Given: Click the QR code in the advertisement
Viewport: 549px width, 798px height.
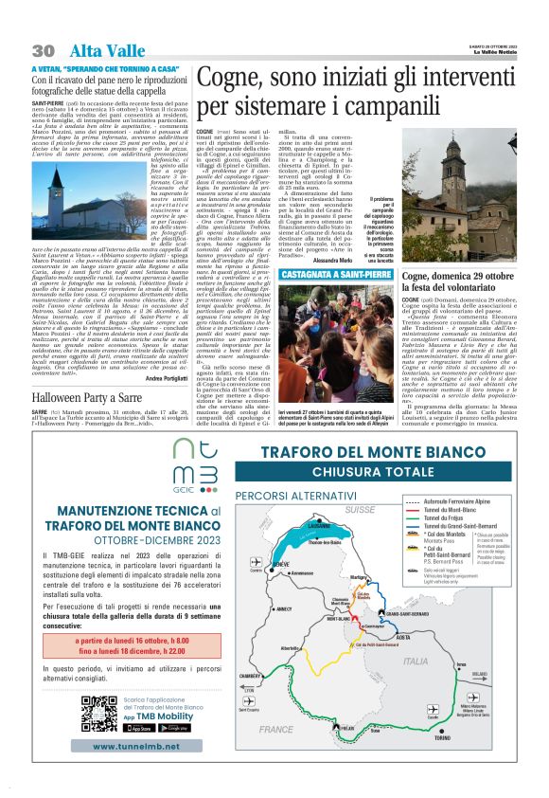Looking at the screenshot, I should tap(99, 713).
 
